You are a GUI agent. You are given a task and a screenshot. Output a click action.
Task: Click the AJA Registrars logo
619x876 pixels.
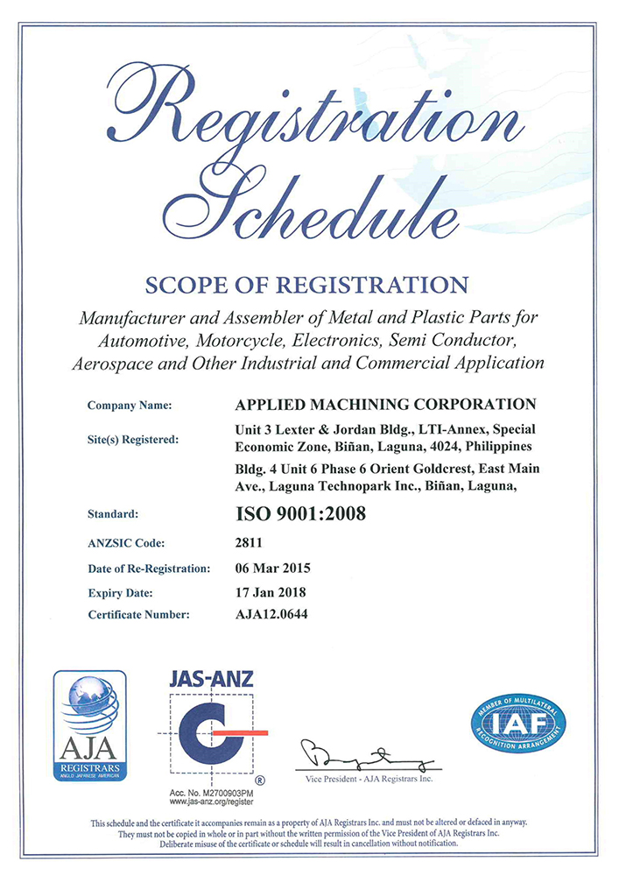pos(89,725)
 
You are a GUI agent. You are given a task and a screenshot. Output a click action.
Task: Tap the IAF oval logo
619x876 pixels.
pos(518,724)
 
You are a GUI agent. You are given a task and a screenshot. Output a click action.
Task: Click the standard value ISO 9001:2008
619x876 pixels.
pos(300,515)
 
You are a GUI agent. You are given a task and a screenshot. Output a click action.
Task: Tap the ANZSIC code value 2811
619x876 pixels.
pos(250,543)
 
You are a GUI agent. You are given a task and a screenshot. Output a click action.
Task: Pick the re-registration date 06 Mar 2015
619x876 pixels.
pos(273,568)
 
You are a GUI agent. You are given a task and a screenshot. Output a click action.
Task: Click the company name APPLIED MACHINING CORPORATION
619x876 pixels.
pos(386,405)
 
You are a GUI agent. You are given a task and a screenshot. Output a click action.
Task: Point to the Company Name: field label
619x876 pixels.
pos(130,406)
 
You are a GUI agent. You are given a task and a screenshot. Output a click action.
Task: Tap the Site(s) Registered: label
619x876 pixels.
pos(133,439)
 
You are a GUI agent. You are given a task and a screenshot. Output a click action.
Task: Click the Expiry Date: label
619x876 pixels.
pos(121,592)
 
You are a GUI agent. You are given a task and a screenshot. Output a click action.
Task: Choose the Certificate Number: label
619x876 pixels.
pos(138,615)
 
